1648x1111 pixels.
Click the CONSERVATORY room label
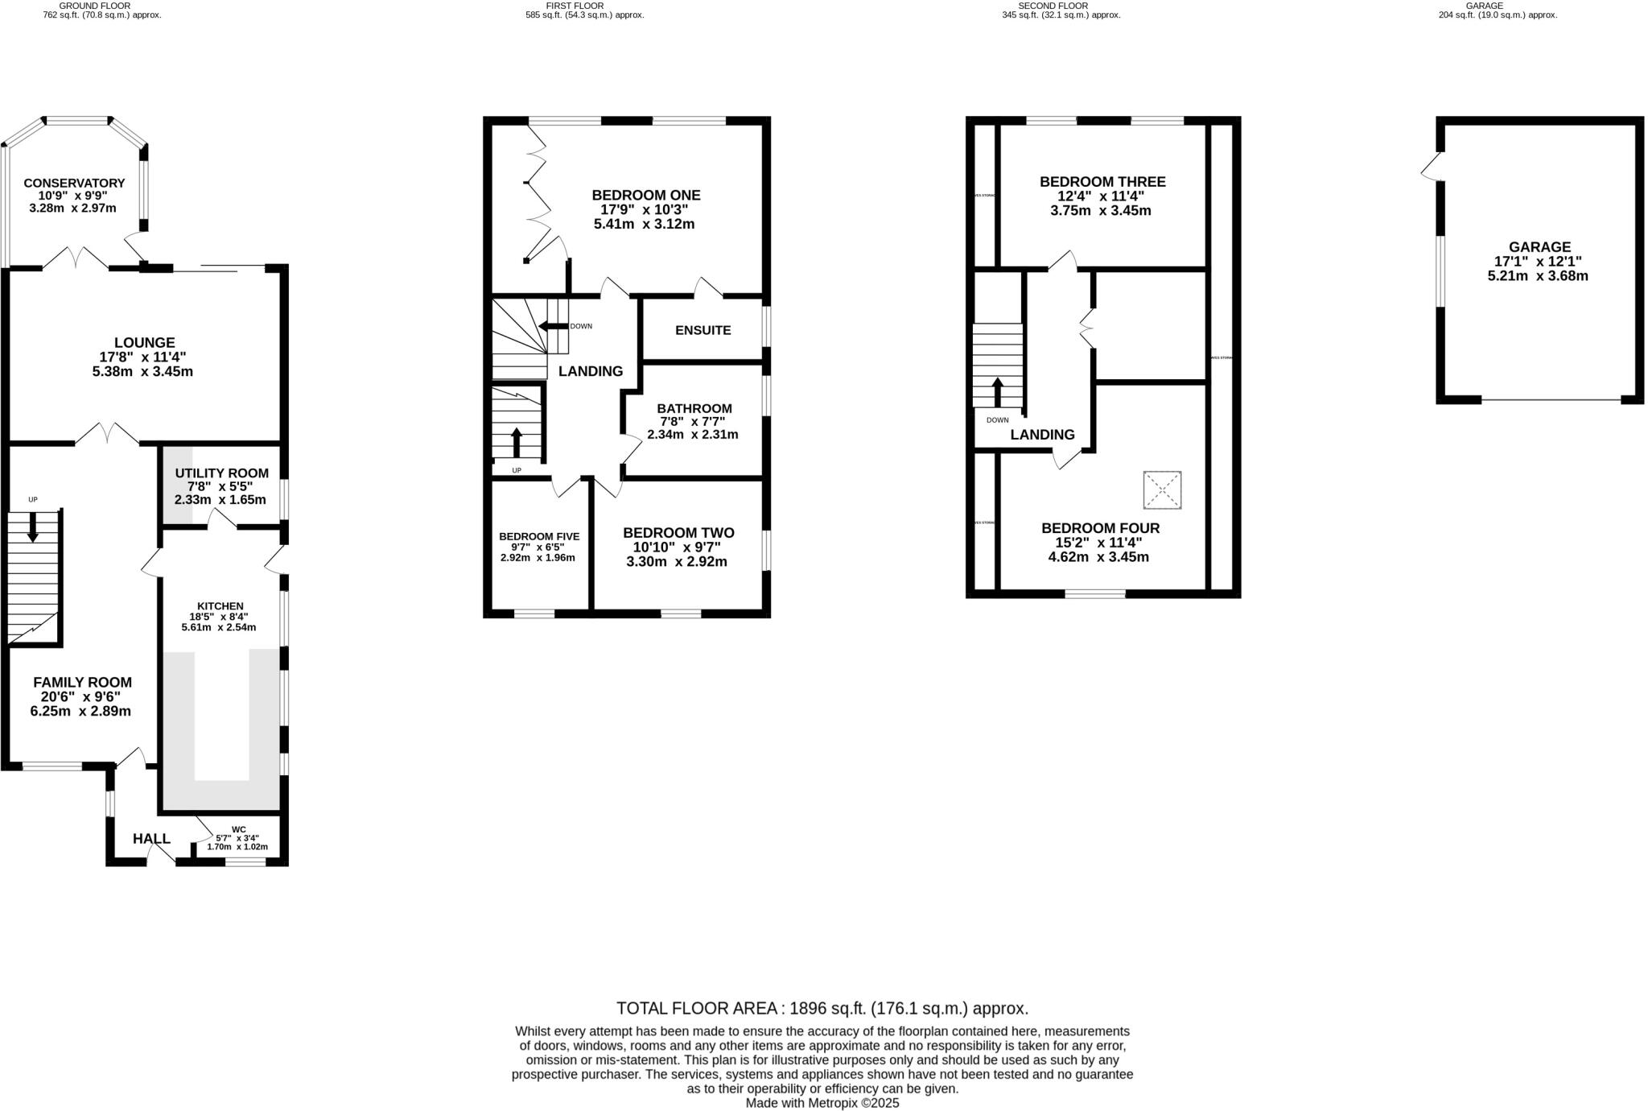click(x=74, y=183)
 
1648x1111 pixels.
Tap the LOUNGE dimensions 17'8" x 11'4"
click(x=143, y=357)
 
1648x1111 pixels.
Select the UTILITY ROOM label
click(x=221, y=473)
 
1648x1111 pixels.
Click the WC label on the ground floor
click(x=238, y=829)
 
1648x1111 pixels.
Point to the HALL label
click(x=151, y=839)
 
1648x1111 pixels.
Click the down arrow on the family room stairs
click(x=33, y=527)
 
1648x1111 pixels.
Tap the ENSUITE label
click(x=702, y=330)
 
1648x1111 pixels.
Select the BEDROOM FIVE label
click(x=538, y=536)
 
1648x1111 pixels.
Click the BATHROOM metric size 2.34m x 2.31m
click(x=692, y=435)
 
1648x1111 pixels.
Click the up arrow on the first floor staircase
click(x=516, y=442)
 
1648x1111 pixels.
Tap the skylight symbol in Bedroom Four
click(x=1162, y=490)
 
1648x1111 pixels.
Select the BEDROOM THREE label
click(x=1102, y=182)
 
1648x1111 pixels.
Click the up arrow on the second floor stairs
click(x=997, y=392)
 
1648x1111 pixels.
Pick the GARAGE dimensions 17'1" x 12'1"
click(x=1538, y=262)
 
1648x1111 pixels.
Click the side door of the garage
click(x=1430, y=167)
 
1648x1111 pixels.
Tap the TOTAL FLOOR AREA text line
click(x=822, y=1008)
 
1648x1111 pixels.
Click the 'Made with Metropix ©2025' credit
click(x=822, y=1103)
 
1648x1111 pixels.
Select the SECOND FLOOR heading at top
click(x=1053, y=6)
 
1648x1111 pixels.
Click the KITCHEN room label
click(x=220, y=606)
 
